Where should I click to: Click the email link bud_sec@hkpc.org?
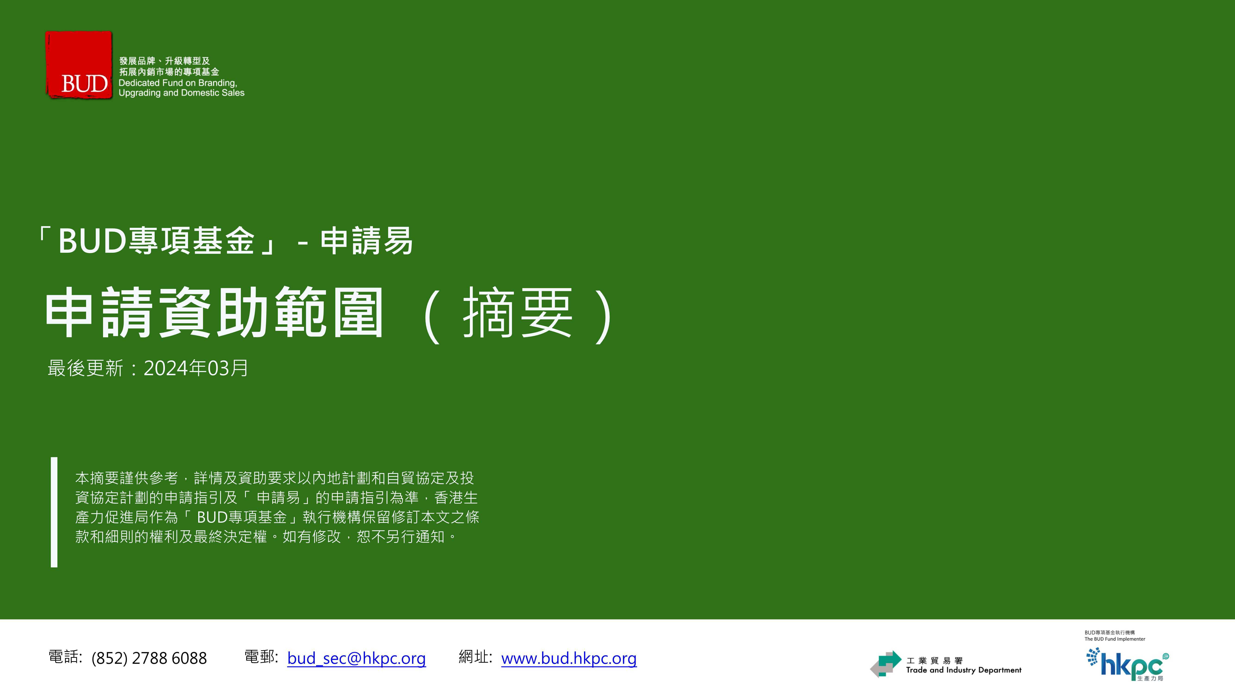[x=356, y=658]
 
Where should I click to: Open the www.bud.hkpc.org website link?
[x=569, y=658]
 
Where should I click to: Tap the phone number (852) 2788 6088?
[x=149, y=658]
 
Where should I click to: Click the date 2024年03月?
[x=196, y=368]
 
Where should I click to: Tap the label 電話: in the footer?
[x=66, y=657]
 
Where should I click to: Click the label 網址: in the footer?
[x=475, y=657]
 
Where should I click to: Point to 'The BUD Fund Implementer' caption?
[x=1115, y=639]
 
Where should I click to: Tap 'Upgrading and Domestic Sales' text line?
[x=181, y=93]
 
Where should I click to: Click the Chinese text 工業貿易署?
[x=934, y=660]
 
